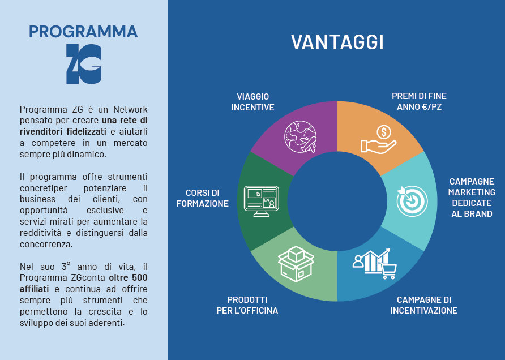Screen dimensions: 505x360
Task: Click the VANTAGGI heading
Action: pos(337,42)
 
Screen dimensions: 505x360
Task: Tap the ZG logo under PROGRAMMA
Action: pos(84,64)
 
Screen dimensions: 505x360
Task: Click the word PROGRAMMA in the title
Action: pos(83,32)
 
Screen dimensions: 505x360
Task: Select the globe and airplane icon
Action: pos(300,136)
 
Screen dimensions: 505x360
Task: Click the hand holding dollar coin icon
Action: pos(378,139)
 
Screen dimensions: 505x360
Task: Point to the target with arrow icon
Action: pos(412,201)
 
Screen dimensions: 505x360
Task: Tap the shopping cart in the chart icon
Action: pos(388,271)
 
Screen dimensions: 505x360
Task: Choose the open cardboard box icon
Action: pos(296,264)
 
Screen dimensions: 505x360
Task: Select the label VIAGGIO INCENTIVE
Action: pos(253,102)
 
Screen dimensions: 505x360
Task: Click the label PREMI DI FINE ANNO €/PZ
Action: pos(419,101)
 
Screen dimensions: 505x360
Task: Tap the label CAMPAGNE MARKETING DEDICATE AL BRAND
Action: pos(472,198)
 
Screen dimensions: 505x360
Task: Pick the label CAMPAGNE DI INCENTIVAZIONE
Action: pos(424,305)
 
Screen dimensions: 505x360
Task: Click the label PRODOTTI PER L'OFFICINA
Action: pos(247,305)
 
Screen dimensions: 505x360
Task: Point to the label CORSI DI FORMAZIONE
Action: pos(202,198)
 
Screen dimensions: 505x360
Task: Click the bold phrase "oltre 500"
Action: pos(128,277)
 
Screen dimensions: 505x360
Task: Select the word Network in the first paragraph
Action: pos(130,109)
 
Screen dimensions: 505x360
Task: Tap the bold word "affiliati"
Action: pos(34,289)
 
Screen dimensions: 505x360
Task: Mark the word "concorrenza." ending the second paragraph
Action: pos(46,244)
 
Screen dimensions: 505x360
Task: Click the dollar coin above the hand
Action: pos(384,132)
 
